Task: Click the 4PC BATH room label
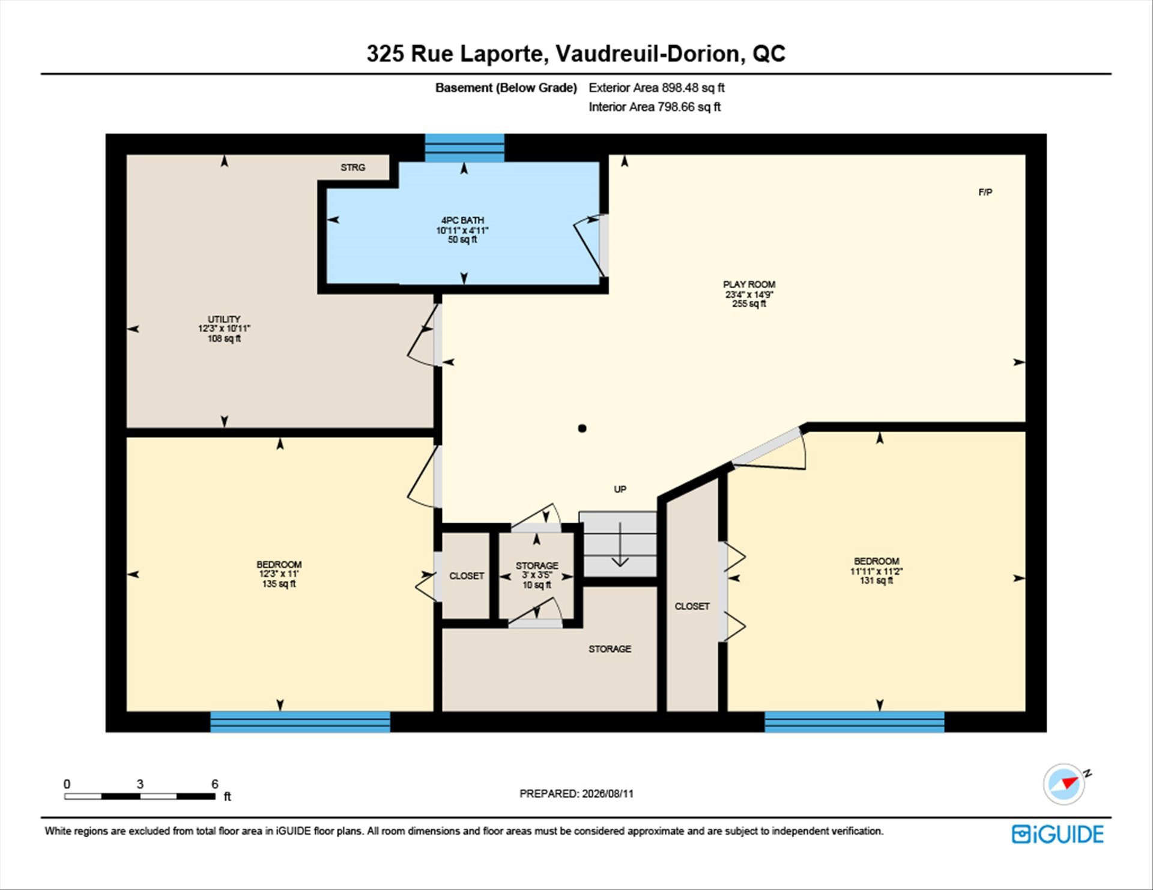462,220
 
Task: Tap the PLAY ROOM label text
749,284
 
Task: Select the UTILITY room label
224,319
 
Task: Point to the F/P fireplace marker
985,192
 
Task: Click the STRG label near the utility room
353,167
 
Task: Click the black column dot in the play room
582,428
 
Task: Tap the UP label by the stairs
620,489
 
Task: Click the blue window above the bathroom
464,148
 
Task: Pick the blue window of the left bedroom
300,721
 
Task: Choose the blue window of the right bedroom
854,721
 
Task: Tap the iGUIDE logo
1058,834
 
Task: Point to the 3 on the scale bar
140,784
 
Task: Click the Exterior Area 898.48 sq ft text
656,88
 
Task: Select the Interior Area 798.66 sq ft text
655,107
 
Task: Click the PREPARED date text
576,793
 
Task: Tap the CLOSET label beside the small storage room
467,576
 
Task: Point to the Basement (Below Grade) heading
506,88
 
